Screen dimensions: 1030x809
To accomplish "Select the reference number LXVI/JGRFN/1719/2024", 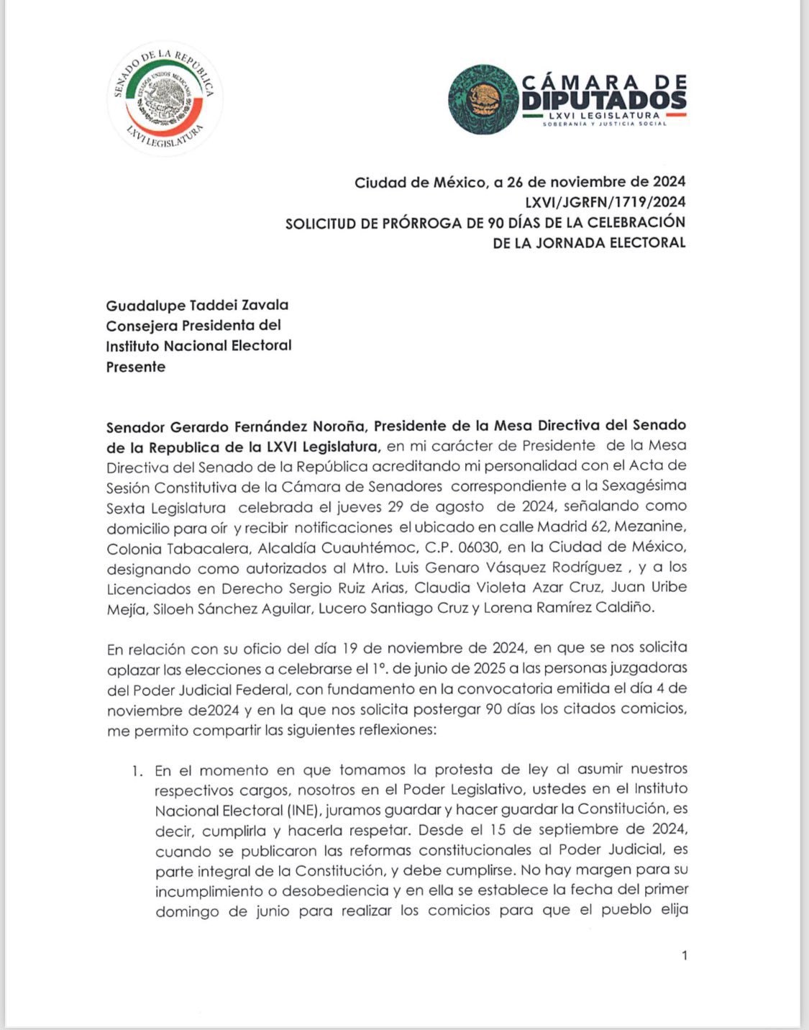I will [x=605, y=201].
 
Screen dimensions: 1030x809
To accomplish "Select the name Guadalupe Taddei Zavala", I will [x=197, y=305].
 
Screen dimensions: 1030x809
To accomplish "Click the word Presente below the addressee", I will [x=136, y=366].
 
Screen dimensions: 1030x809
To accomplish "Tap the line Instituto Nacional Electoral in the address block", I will [x=199, y=345].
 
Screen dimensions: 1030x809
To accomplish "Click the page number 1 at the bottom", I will [x=684, y=955].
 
